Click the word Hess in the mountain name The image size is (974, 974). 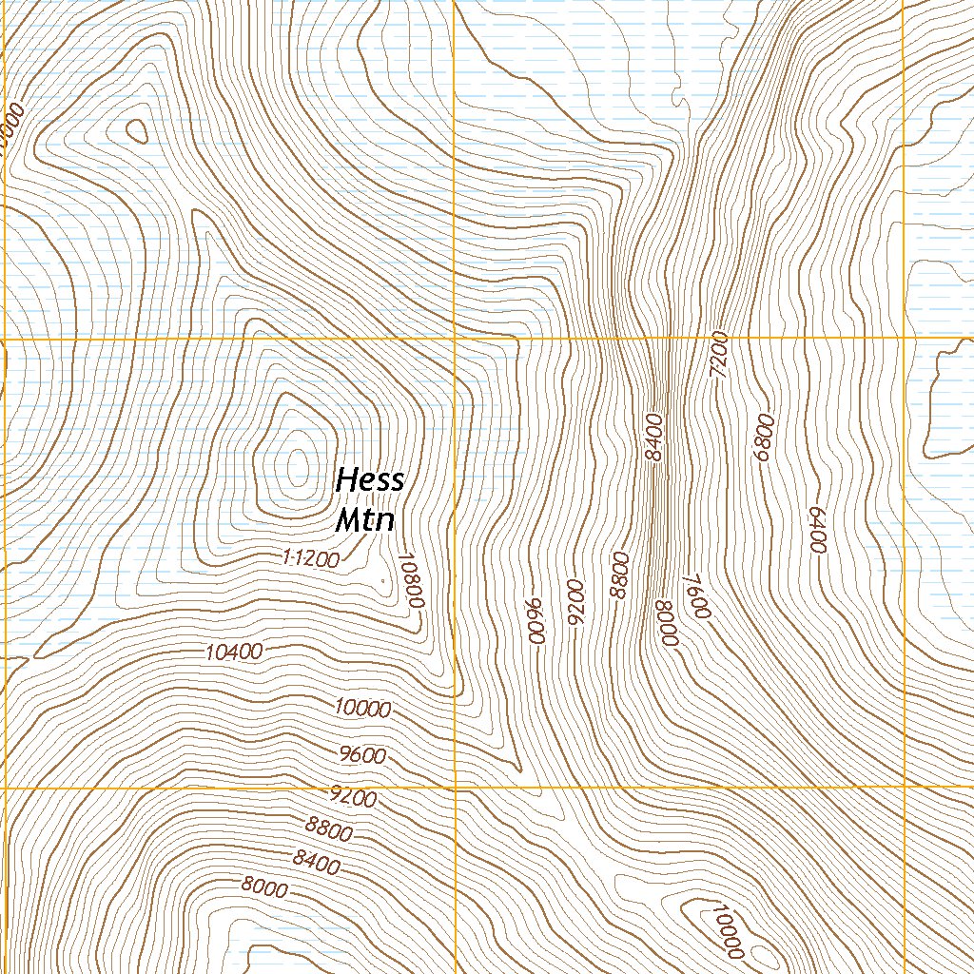[x=370, y=480]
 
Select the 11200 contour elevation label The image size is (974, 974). [x=311, y=559]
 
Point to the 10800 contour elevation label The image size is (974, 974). [x=411, y=581]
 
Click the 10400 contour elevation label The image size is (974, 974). [x=233, y=653]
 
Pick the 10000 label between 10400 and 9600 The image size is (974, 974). [x=363, y=709]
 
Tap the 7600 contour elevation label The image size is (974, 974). [x=697, y=595]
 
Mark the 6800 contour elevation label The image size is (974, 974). [x=763, y=438]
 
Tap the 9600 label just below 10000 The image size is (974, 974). [x=362, y=756]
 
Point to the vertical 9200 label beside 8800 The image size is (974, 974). [x=575, y=602]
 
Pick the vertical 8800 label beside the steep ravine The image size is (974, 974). [x=621, y=575]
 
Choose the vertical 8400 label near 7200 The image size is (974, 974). [x=653, y=438]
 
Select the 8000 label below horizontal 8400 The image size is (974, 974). [x=264, y=888]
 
